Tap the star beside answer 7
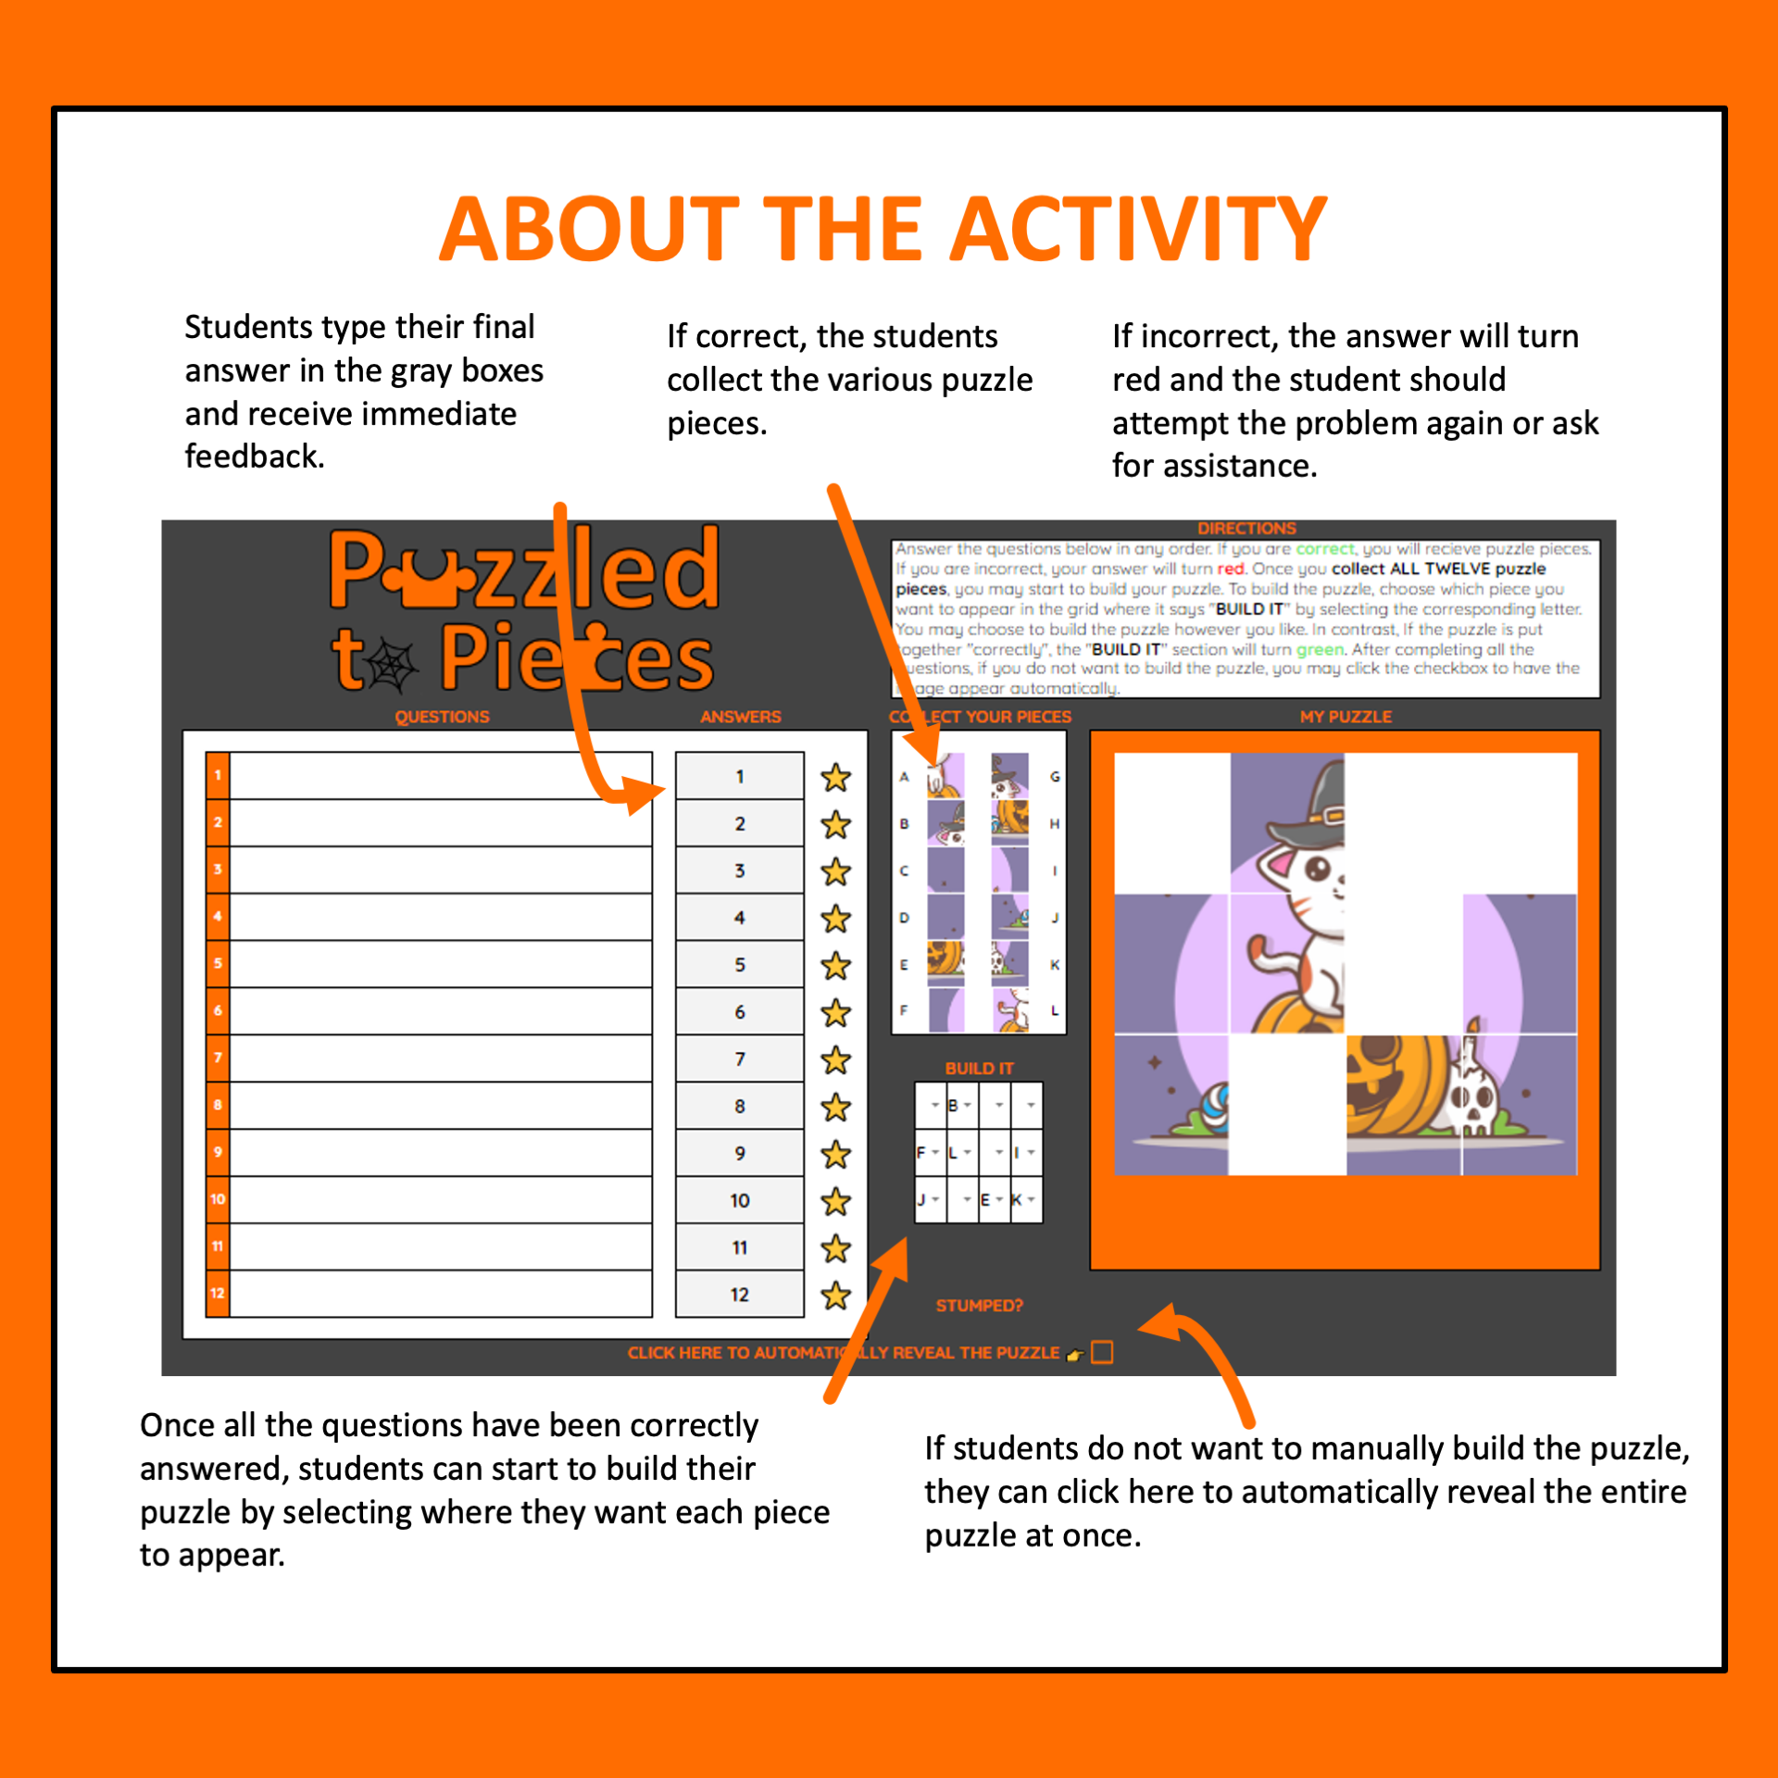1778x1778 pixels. tap(835, 1059)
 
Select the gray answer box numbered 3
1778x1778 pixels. tap(739, 870)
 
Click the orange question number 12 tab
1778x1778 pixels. tap(218, 1293)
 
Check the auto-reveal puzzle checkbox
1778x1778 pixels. tap(1102, 1353)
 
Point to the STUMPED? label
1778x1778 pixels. tap(979, 1306)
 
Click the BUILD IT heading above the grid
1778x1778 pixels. tap(979, 1068)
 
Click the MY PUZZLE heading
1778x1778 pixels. tap(1345, 717)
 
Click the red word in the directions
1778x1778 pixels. tap(1230, 569)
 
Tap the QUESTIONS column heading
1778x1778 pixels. tap(442, 717)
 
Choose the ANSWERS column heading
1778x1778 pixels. tap(740, 717)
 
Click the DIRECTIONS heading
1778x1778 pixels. tap(1246, 528)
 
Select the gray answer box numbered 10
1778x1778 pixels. tap(739, 1200)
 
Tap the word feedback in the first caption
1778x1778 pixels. tap(253, 457)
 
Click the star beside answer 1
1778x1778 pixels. tap(835, 777)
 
